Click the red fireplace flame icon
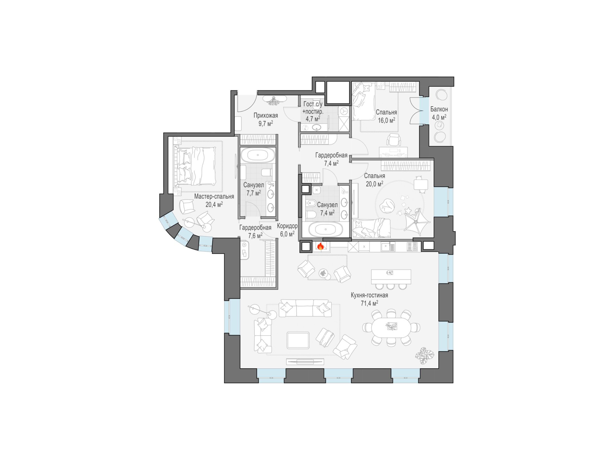click(x=320, y=246)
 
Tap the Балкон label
click(x=439, y=109)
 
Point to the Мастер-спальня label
click(x=214, y=196)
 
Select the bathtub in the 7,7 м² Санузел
click(x=258, y=155)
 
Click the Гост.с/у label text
click(x=313, y=104)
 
